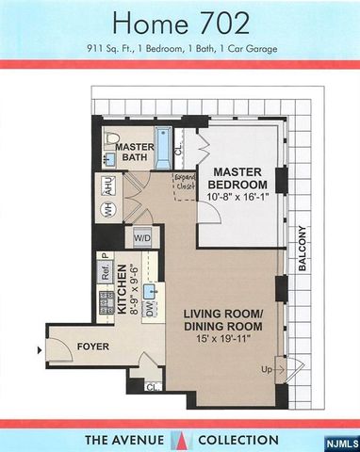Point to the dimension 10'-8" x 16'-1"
pyautogui.click(x=242, y=200)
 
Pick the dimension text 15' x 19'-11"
pyautogui.click(x=222, y=340)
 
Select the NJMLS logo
pyautogui.click(x=340, y=442)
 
